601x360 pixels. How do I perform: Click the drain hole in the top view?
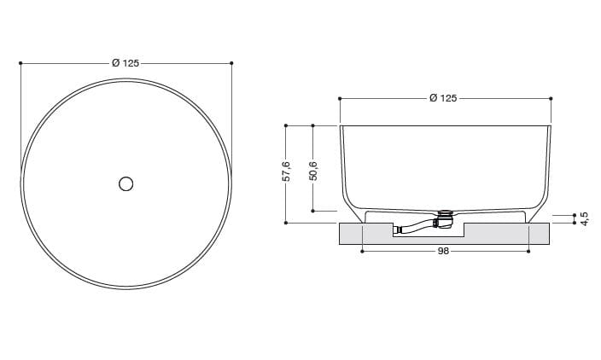coord(126,183)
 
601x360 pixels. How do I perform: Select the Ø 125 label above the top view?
coord(125,63)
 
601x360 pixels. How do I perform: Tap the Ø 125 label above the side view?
coord(444,99)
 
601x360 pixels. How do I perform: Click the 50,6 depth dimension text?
coord(313,171)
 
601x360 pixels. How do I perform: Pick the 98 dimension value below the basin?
coord(444,252)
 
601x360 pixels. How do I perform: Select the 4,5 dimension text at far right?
coord(584,219)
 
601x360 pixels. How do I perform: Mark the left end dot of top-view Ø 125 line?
coord(20,63)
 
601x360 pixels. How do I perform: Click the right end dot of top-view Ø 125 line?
coord(231,63)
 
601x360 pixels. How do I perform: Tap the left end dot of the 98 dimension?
coord(363,252)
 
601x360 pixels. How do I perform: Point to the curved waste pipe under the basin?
coord(417,228)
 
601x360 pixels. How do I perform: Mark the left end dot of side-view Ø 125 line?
coord(340,99)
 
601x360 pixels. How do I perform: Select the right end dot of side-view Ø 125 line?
coord(551,99)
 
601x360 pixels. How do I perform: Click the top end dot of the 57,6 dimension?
coord(287,125)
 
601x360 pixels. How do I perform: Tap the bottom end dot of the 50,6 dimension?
coord(313,211)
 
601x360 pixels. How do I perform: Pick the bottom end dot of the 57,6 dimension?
coord(287,224)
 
